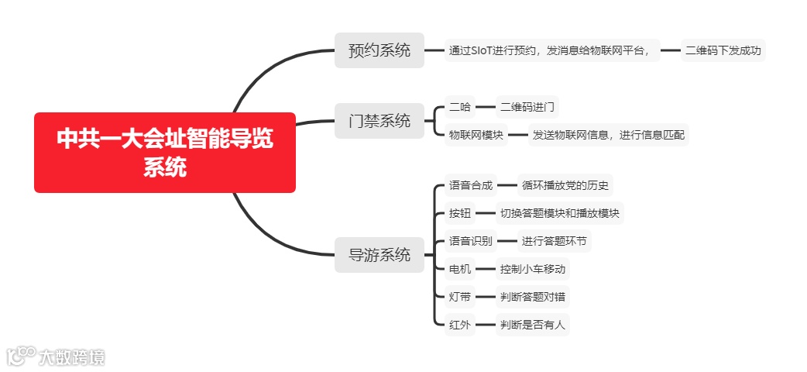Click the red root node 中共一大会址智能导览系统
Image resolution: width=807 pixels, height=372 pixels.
tap(165, 153)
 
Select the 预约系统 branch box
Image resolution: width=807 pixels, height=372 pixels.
tap(379, 51)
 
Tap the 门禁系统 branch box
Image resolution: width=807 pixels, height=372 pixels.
tap(379, 121)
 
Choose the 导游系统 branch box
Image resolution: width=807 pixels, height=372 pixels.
tap(379, 254)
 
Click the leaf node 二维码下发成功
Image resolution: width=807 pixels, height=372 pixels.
tap(723, 51)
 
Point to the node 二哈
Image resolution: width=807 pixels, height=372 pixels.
tap(460, 107)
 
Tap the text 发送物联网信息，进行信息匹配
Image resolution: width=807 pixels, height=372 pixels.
tap(608, 135)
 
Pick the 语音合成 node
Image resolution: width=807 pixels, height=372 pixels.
tap(471, 185)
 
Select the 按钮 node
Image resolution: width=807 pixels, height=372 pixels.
tap(460, 213)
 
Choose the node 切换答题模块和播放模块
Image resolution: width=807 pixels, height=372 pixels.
tap(560, 213)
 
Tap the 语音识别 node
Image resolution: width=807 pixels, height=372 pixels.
tap(471, 241)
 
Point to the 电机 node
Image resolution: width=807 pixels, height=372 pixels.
tap(460, 269)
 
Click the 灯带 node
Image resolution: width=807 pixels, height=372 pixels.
tap(460, 297)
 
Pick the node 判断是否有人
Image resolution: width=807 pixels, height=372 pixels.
tap(533, 325)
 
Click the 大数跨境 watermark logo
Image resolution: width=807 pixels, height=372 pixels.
tap(56, 356)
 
